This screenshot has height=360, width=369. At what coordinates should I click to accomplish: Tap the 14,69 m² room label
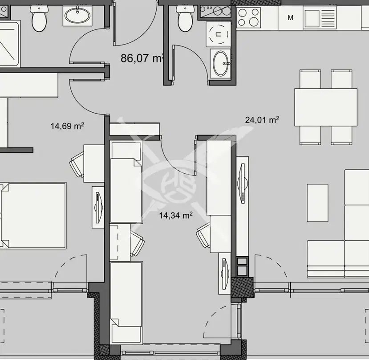(x=67, y=126)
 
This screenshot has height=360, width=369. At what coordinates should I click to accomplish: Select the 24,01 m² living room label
(x=262, y=120)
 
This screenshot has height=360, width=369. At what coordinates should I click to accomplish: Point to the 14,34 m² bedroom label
(x=176, y=215)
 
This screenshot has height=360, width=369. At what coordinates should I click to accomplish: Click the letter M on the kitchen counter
(x=290, y=18)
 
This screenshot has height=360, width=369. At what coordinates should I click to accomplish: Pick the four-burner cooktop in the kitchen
(x=248, y=17)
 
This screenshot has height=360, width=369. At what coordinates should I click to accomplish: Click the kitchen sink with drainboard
(x=320, y=17)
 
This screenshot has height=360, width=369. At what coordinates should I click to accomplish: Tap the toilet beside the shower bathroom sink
(x=39, y=18)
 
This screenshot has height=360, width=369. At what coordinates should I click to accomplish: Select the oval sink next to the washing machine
(x=220, y=63)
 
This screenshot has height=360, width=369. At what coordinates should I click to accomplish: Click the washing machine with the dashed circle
(x=219, y=34)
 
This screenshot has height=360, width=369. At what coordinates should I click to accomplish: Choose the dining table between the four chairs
(x=326, y=107)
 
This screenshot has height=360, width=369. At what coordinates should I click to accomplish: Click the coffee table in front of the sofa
(x=317, y=203)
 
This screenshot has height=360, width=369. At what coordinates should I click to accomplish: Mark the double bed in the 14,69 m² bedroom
(x=33, y=215)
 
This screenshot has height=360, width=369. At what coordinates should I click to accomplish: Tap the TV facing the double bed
(x=98, y=207)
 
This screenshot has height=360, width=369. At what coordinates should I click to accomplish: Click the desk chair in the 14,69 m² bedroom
(x=77, y=164)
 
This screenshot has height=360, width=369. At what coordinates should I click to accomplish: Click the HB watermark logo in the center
(x=176, y=186)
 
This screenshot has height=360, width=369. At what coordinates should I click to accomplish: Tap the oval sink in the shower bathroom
(x=77, y=16)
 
